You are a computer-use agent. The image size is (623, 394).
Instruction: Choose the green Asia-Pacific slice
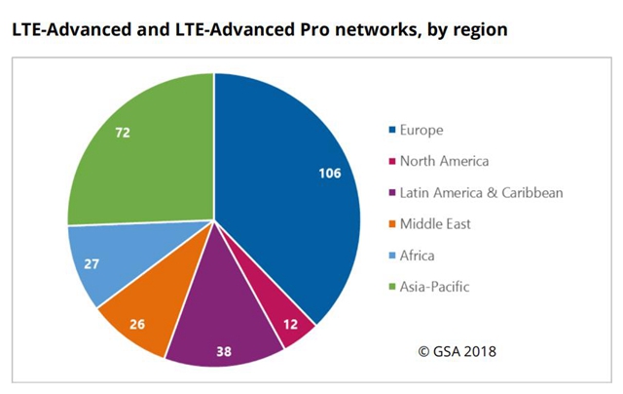(146, 156)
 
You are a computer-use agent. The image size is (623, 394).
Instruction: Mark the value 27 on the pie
(92, 262)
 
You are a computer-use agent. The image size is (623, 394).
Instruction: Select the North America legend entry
(443, 161)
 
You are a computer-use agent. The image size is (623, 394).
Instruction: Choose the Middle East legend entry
(434, 223)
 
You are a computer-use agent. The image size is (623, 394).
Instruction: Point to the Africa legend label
(417, 255)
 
